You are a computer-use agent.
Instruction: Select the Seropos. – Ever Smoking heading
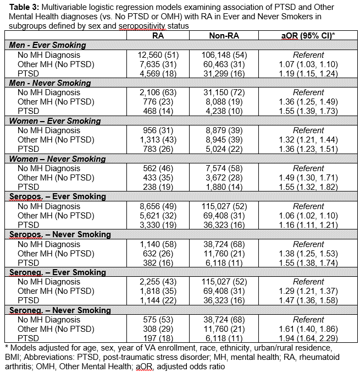[54, 196]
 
